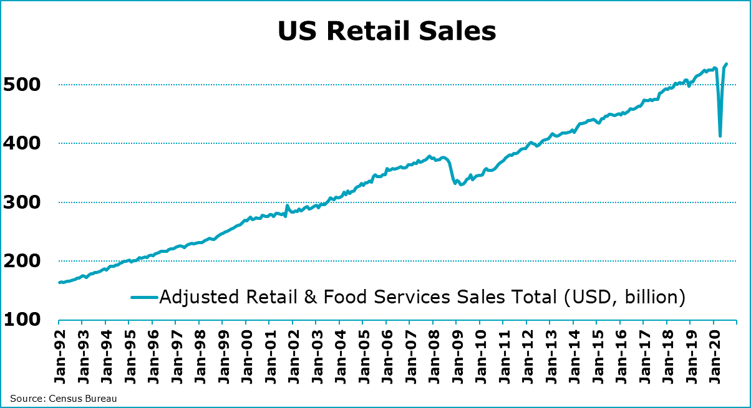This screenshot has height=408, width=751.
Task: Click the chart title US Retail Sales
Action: [x=387, y=31]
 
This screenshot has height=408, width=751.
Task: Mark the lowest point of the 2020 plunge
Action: [x=720, y=136]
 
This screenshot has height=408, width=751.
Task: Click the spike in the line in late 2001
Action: [x=287, y=205]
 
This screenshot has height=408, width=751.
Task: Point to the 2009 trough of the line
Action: [x=461, y=184]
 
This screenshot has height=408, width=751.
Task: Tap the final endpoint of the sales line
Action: [x=727, y=64]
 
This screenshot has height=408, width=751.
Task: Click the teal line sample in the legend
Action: [x=144, y=297]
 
